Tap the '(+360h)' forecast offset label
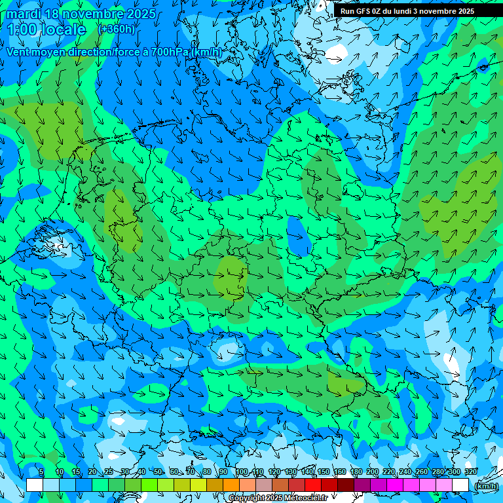point(116,29)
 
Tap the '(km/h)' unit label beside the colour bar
point(485,486)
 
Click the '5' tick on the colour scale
point(41,472)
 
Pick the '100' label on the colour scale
point(242,472)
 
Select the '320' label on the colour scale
point(470,472)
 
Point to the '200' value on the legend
point(372,472)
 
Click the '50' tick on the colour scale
point(158,472)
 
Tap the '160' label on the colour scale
point(339,472)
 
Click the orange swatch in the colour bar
point(231,485)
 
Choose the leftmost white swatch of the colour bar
point(35,485)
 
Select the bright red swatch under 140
point(313,485)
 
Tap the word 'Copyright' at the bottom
point(247,498)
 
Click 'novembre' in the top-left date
point(86,14)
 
